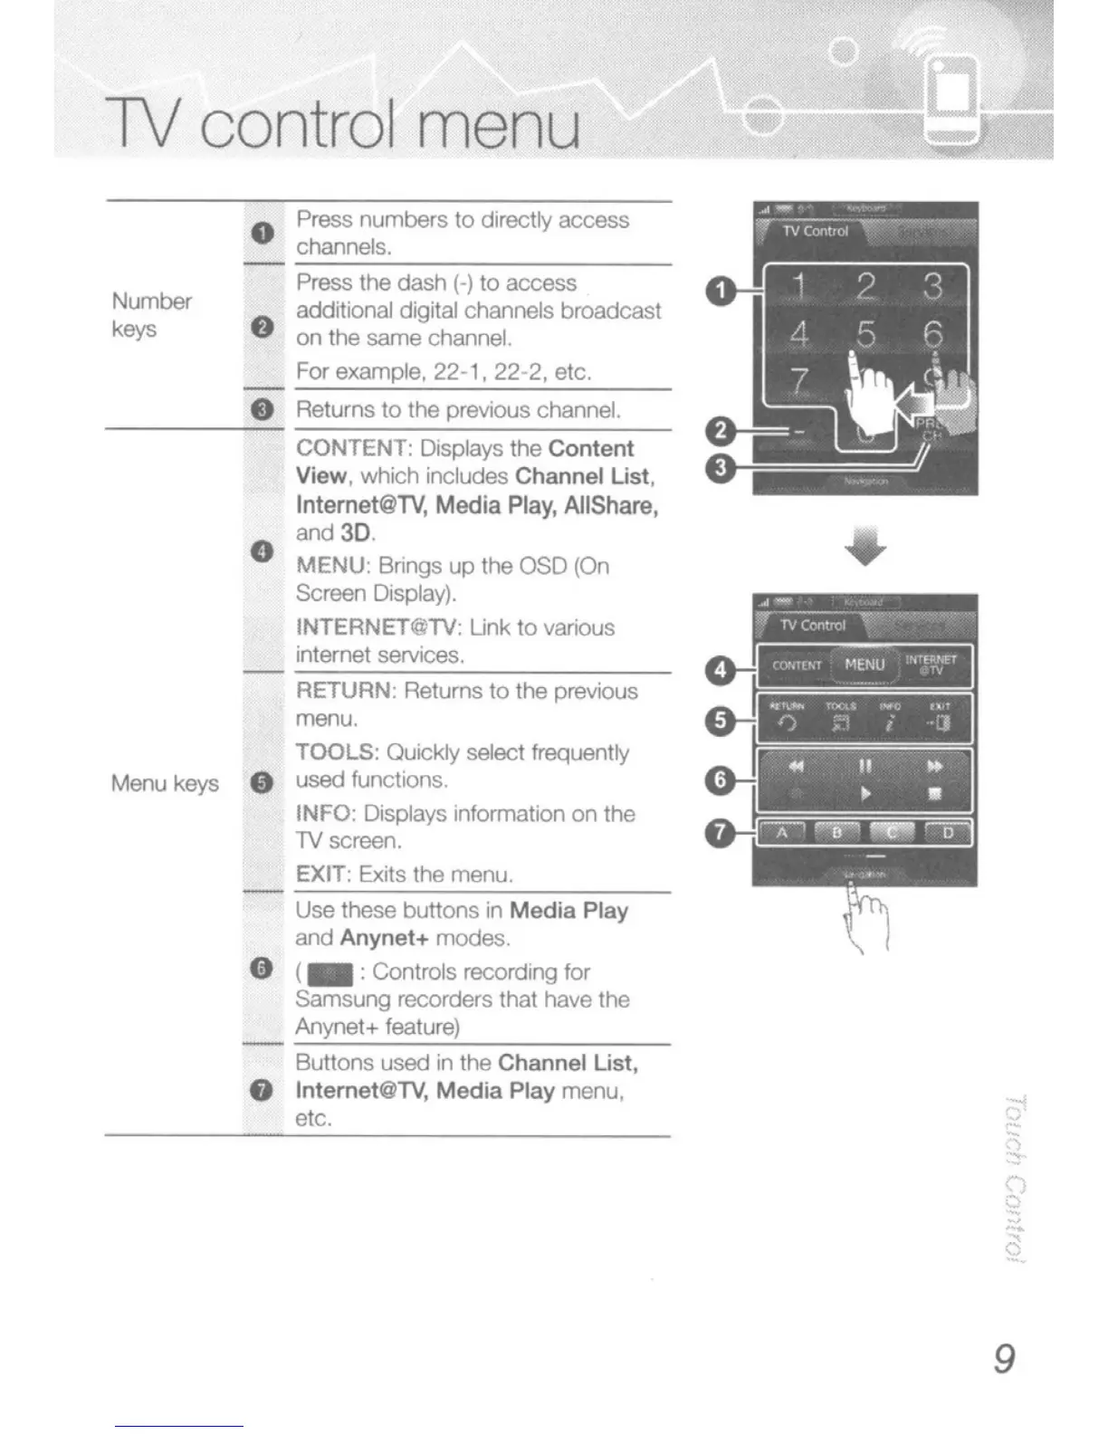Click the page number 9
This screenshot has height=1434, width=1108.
coord(1004,1358)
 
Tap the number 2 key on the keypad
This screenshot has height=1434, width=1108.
coord(866,287)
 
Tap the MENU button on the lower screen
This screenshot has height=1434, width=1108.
coord(864,664)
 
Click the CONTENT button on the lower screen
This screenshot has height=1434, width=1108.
coord(797,665)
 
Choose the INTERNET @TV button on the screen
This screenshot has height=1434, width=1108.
coord(931,665)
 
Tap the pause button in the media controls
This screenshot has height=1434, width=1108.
coord(865,767)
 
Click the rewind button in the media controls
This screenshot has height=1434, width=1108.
coord(797,767)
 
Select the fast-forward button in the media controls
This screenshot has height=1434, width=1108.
coord(934,767)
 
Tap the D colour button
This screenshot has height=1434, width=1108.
coord(947,833)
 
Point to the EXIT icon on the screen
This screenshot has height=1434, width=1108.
coord(938,722)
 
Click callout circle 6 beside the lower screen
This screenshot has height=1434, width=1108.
coord(720,779)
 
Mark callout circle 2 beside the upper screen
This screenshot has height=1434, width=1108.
coord(720,431)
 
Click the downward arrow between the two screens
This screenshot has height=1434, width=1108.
coord(865,547)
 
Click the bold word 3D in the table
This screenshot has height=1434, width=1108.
coord(356,532)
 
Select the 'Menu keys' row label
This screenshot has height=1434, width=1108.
coord(165,783)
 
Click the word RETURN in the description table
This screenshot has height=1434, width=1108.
coord(345,692)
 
